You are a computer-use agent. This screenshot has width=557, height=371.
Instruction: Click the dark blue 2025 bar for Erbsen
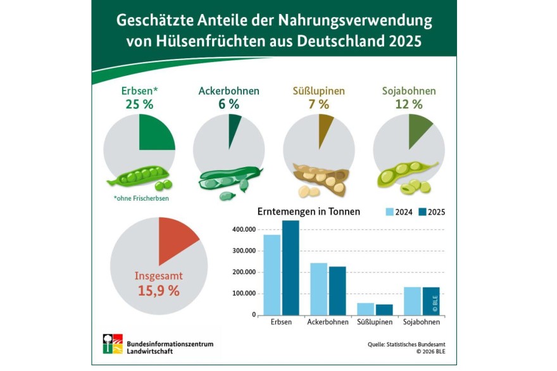291,268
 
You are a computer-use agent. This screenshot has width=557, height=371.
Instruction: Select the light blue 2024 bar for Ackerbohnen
318,289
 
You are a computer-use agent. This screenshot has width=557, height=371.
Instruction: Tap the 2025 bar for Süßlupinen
384,310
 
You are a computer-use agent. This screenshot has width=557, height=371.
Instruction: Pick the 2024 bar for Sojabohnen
413,301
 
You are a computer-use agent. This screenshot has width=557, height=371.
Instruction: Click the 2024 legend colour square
390,212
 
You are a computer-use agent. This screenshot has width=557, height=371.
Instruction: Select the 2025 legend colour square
422,212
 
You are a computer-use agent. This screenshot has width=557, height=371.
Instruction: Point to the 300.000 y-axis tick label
244,251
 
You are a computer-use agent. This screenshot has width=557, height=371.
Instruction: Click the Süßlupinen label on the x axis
375,322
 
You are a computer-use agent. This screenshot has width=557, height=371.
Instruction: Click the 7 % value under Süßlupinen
318,104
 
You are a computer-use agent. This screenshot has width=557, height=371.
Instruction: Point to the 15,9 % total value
159,291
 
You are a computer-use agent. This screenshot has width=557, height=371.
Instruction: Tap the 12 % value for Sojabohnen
409,104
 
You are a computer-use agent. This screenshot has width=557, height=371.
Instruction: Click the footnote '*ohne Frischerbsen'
141,198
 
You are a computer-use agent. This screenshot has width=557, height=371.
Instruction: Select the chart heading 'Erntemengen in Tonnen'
309,212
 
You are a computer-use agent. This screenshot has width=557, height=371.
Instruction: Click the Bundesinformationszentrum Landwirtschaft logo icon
113,344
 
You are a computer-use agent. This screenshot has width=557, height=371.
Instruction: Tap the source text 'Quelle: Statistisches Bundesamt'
406,344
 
